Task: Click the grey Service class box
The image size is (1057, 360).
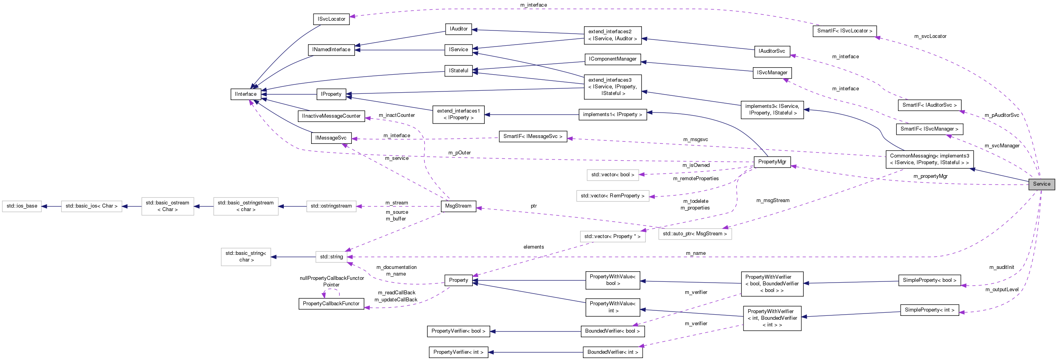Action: [x=1041, y=184]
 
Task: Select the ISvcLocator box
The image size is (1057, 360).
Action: [x=331, y=19]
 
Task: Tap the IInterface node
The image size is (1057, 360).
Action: [x=245, y=94]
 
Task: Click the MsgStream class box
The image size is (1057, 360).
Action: [x=459, y=206]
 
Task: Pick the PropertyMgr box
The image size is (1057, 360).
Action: [x=772, y=162]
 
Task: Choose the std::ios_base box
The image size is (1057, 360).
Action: [x=22, y=206]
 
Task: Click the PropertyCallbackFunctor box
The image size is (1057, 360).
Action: [x=331, y=304]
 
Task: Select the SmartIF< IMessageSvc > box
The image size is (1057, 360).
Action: [x=532, y=136]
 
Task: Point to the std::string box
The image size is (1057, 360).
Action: [x=331, y=257]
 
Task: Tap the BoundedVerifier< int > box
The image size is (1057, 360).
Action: [x=612, y=352]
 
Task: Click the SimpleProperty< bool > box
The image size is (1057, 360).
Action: [x=929, y=280]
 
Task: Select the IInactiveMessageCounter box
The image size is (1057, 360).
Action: [x=331, y=116]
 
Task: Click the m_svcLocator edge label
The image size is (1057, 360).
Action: [x=930, y=36]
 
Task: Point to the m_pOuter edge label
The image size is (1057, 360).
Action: [x=459, y=153]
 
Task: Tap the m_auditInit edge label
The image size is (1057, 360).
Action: [x=1001, y=267]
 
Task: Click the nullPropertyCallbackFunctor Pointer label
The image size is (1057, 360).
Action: [x=331, y=281]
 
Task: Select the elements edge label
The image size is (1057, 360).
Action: [x=534, y=247]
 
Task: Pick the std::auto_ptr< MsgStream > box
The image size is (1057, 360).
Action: [x=694, y=234]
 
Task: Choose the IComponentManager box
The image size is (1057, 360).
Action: [x=612, y=59]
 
